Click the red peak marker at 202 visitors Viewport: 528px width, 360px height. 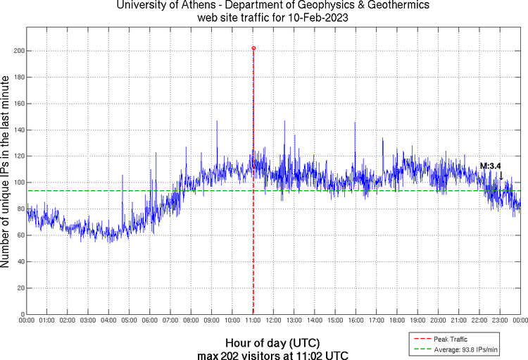(x=253, y=49)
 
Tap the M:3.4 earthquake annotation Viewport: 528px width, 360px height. (x=490, y=166)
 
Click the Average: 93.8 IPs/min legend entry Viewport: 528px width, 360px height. (x=458, y=348)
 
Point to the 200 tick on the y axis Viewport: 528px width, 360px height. (x=19, y=51)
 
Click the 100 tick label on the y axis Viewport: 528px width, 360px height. (x=19, y=182)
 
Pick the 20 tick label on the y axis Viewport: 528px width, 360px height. (x=20, y=287)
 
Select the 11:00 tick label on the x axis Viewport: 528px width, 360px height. (x=253, y=321)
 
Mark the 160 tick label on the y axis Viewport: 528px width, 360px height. (x=19, y=104)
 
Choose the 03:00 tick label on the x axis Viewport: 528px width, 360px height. (x=89, y=321)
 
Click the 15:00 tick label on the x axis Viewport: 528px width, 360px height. (x=336, y=321)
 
